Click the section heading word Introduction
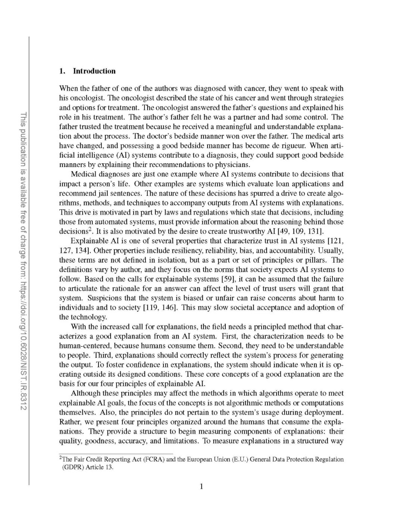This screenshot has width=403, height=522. tap(94, 71)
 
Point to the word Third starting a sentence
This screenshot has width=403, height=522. tap(101, 355)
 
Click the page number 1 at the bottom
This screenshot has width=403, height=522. tap(201, 486)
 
